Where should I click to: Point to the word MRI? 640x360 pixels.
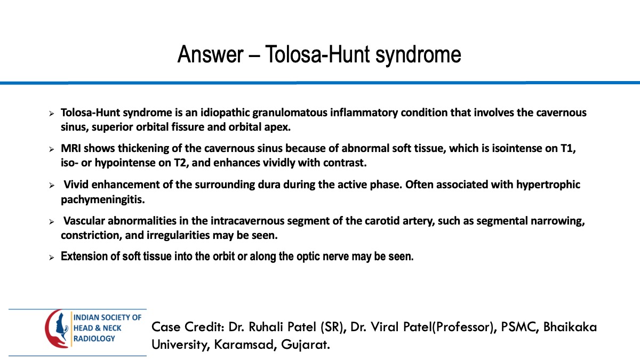(x=71, y=148)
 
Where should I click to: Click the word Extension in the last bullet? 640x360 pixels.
(x=83, y=257)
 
